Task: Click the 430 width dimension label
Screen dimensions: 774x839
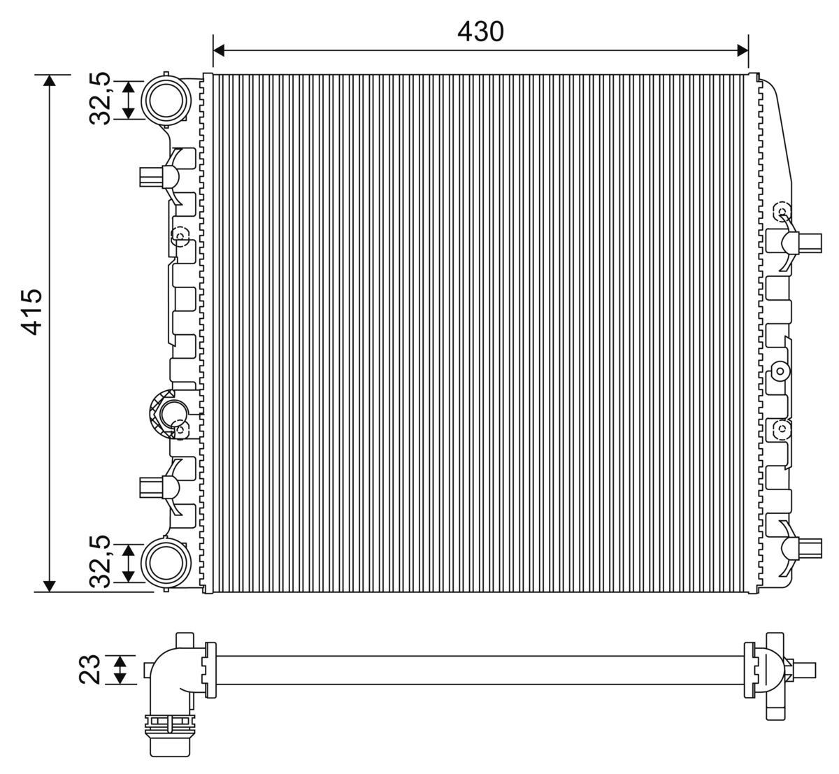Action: pos(480,31)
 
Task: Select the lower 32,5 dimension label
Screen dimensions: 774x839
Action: pos(101,561)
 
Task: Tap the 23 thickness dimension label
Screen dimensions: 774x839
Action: pos(92,668)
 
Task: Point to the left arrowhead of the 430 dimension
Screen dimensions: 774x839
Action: pos(218,50)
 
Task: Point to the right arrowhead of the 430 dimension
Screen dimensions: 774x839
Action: pos(743,50)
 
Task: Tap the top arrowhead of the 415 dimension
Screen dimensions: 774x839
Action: pos(49,80)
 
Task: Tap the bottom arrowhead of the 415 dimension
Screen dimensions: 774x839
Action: pos(49,586)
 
